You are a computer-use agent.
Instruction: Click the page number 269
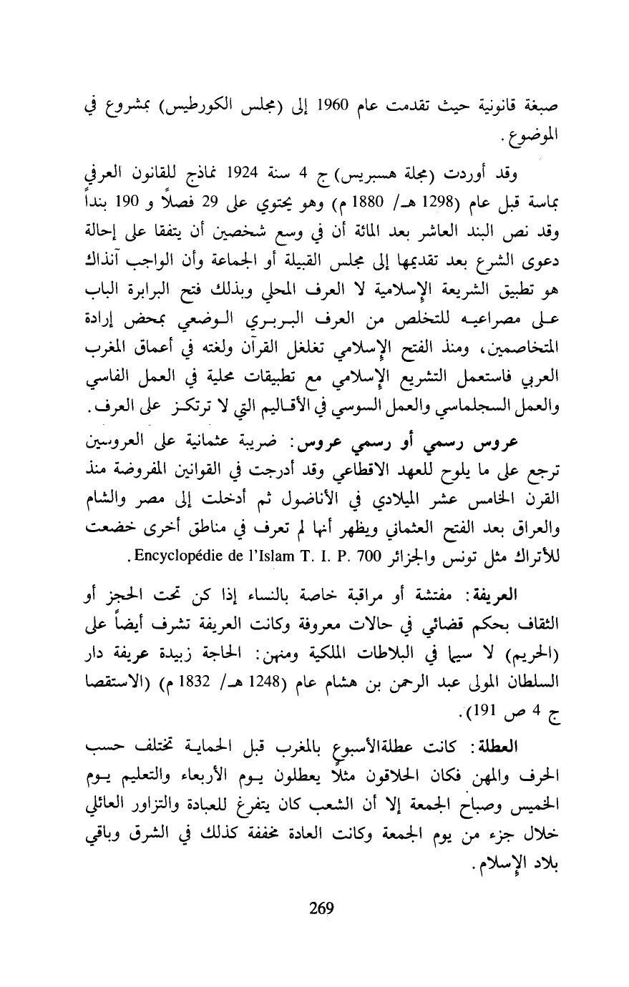[x=321, y=909]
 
